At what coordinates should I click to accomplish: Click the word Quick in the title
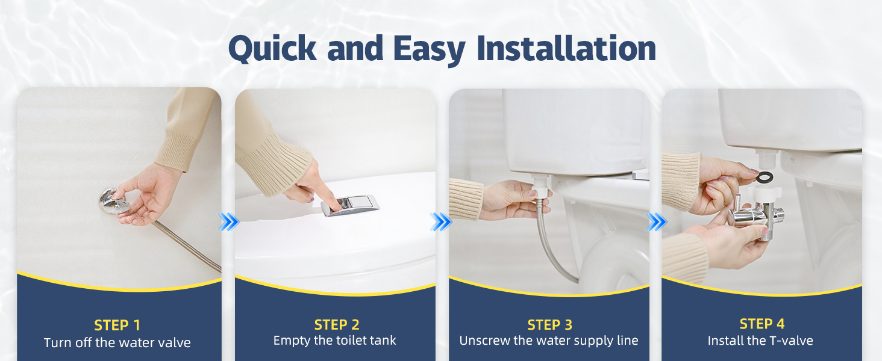coord(272,49)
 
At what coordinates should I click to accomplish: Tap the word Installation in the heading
coord(566,48)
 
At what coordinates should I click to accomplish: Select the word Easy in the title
coord(429,51)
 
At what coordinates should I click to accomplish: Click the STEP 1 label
coord(117,326)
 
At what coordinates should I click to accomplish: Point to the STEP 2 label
coord(337,325)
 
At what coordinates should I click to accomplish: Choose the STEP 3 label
coord(549,325)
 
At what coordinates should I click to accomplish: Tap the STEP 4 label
coord(762,324)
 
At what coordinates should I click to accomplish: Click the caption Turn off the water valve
coord(117,342)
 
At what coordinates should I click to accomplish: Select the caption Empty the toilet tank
coord(335,340)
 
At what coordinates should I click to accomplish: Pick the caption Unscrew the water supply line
coord(549,341)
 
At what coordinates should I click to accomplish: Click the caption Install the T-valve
coord(760,341)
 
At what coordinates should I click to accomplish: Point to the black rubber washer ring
coord(765,177)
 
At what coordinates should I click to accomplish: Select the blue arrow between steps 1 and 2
coord(229,222)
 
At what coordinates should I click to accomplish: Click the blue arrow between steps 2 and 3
coord(442,222)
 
